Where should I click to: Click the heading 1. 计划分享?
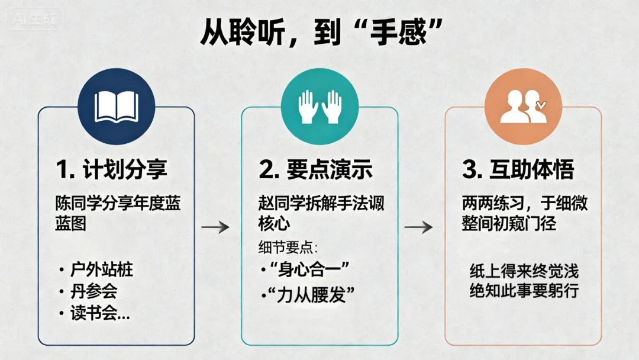[x=112, y=170]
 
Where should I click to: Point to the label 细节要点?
[x=288, y=247]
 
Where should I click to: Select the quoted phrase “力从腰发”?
[x=311, y=294]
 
